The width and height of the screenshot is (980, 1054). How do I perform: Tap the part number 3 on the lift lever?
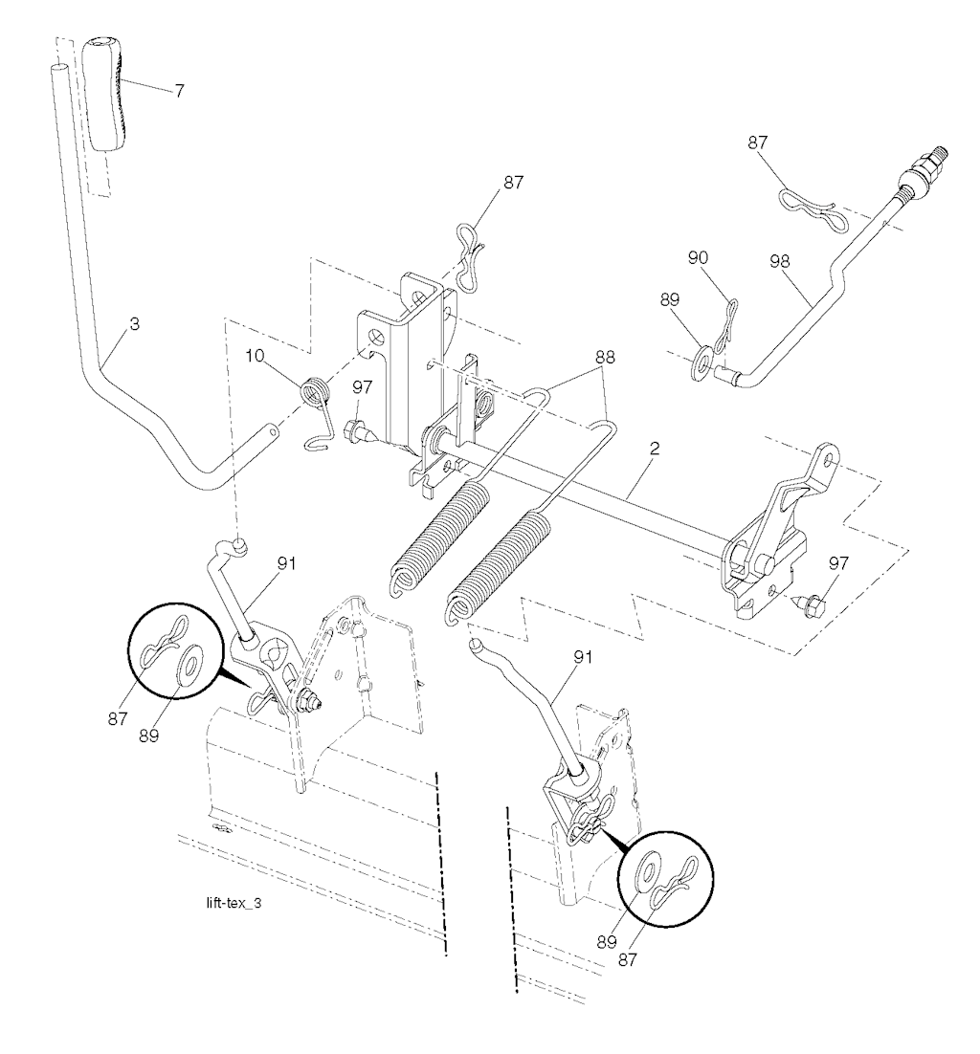click(x=135, y=324)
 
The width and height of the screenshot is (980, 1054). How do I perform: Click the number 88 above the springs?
click(x=604, y=358)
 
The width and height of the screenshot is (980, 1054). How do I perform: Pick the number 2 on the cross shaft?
click(x=655, y=449)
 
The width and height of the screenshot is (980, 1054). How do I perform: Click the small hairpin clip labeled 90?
click(x=725, y=330)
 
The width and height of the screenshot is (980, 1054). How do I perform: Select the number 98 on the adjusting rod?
click(x=780, y=261)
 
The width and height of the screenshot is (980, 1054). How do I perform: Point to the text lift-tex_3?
click(x=234, y=903)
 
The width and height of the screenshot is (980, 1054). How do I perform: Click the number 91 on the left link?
click(x=286, y=563)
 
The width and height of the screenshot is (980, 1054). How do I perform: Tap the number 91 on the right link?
click(x=583, y=657)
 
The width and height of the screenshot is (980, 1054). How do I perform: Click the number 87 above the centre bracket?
click(x=513, y=183)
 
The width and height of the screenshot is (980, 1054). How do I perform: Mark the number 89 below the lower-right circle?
click(x=607, y=942)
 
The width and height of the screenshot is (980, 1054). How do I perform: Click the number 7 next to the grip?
click(x=179, y=92)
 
